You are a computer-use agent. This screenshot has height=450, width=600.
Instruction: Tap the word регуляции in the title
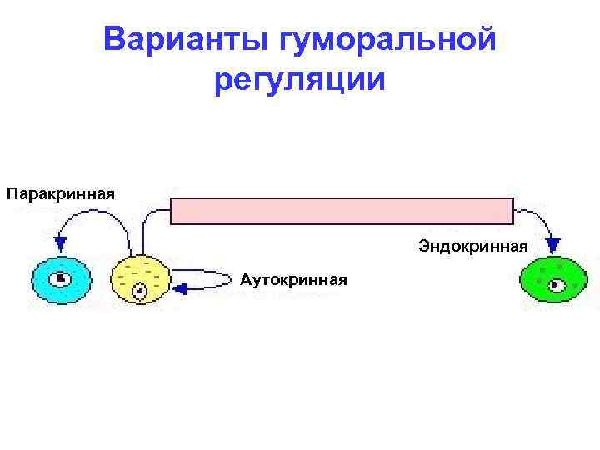click(300, 81)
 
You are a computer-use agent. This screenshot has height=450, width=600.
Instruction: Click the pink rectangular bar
click(342, 211)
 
